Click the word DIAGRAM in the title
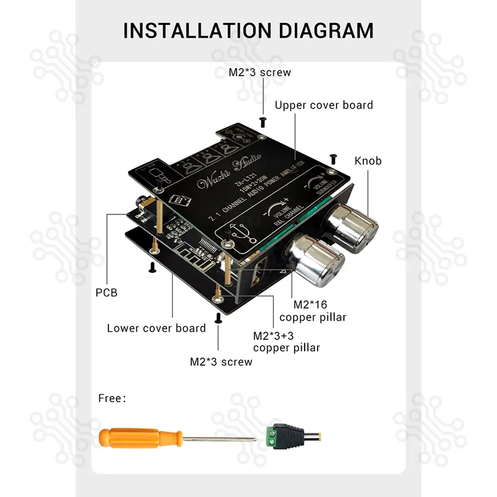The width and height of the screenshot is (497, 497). coord(325,30)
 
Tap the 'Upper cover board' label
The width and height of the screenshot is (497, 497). coord(324,105)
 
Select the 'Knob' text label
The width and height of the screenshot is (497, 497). coord(368,161)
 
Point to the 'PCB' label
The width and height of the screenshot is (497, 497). coord(106,293)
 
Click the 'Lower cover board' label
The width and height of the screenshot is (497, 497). coord(156,329)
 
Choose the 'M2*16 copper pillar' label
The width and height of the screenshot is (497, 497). coord(313,311)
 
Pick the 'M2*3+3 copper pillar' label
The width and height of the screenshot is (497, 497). coord(286,341)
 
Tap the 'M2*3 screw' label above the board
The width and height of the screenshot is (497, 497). coord(259,73)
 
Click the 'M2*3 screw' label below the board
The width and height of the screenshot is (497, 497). coord(221,362)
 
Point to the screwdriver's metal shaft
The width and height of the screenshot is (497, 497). coord(219,439)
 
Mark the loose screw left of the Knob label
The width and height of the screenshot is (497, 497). coord(333,159)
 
